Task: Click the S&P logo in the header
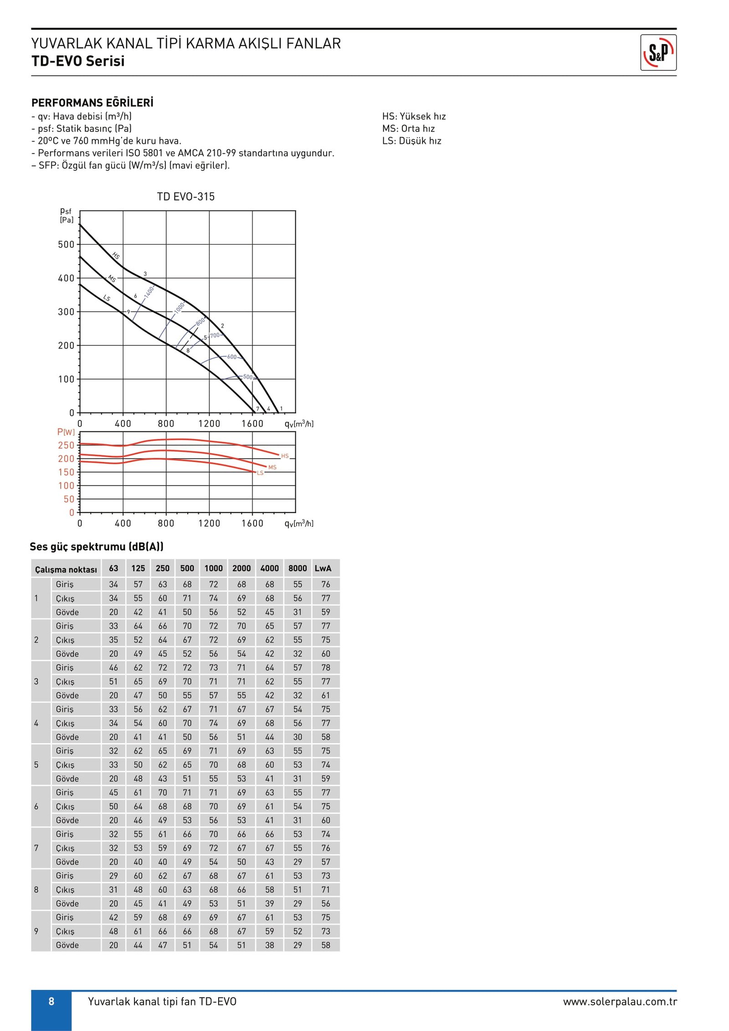pyautogui.click(x=658, y=52)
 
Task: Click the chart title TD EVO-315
pyautogui.click(x=185, y=196)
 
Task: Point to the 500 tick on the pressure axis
pyautogui.click(x=66, y=245)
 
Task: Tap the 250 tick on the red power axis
pyautogui.click(x=66, y=445)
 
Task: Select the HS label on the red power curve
pyautogui.click(x=285, y=456)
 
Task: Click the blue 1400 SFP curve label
pyautogui.click(x=149, y=292)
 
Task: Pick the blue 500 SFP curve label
pyautogui.click(x=247, y=377)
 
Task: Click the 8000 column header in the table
pyautogui.click(x=298, y=568)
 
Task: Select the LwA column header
pyautogui.click(x=323, y=568)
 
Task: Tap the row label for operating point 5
pyautogui.click(x=36, y=764)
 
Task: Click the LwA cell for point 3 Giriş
pyautogui.click(x=325, y=667)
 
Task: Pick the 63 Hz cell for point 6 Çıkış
pyautogui.click(x=113, y=806)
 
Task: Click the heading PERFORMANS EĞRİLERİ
pyautogui.click(x=92, y=103)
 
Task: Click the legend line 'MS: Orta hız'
pyautogui.click(x=408, y=128)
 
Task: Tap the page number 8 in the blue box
pyautogui.click(x=51, y=1001)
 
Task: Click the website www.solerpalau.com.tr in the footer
pyautogui.click(x=620, y=1001)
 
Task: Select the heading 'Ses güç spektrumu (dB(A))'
pyautogui.click(x=97, y=546)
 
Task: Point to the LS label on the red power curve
pyautogui.click(x=260, y=473)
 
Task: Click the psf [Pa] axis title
pyautogui.click(x=66, y=215)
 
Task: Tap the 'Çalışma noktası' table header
pyautogui.click(x=66, y=569)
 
